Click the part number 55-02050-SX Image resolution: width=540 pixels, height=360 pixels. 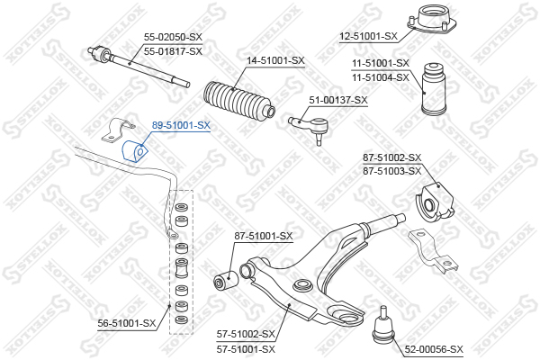(173, 37)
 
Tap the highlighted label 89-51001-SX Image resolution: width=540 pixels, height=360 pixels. (181, 126)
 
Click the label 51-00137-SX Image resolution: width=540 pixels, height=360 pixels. (338, 100)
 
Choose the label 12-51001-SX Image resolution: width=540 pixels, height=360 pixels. (368, 36)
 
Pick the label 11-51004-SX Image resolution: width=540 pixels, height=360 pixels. (380, 76)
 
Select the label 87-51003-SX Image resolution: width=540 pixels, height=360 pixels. (391, 170)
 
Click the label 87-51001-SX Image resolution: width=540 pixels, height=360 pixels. (264, 236)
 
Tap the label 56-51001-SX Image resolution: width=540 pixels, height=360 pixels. (127, 322)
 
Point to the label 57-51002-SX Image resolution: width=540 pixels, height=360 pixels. (246, 334)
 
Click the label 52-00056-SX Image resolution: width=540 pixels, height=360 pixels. (433, 348)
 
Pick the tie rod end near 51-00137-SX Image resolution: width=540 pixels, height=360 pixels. (306, 124)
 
